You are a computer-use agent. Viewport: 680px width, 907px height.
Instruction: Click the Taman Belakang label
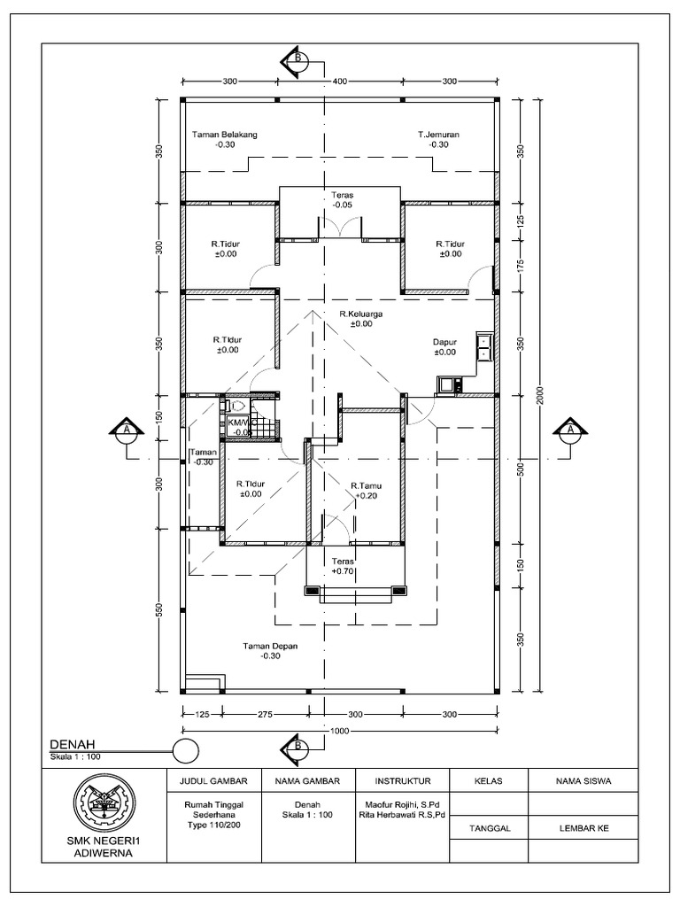[224, 135]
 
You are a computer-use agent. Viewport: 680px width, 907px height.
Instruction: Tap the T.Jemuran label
[438, 135]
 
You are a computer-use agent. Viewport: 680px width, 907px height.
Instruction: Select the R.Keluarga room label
[360, 314]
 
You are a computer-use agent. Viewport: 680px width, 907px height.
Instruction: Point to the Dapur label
[444, 341]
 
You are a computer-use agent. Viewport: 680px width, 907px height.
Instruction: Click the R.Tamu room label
[365, 485]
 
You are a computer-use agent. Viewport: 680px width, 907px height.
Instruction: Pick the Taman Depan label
[271, 647]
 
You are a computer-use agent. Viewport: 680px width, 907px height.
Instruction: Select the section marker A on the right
[570, 431]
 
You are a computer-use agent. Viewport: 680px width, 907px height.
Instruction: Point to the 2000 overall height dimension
[541, 397]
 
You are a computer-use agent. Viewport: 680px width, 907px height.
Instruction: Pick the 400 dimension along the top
[339, 81]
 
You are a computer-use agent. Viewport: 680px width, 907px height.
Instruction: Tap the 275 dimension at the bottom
[263, 714]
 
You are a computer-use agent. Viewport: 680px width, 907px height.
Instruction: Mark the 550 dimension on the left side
[160, 612]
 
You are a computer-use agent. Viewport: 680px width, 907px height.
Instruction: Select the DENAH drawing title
[72, 744]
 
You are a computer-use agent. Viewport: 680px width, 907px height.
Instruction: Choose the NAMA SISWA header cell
[583, 781]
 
